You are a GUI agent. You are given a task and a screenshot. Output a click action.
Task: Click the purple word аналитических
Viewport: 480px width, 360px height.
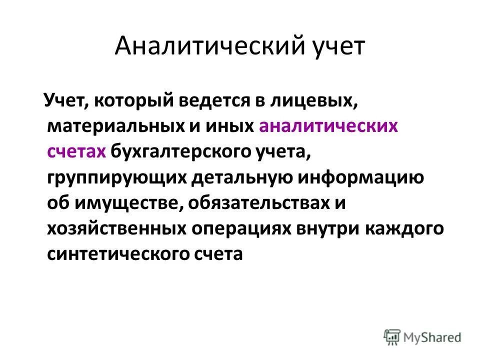click(x=328, y=125)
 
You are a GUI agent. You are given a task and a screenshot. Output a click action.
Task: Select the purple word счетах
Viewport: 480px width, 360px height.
click(x=76, y=151)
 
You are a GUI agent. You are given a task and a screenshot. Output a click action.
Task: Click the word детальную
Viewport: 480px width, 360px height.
click(x=238, y=177)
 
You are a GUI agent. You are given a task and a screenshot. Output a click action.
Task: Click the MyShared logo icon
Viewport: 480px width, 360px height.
click(x=393, y=336)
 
